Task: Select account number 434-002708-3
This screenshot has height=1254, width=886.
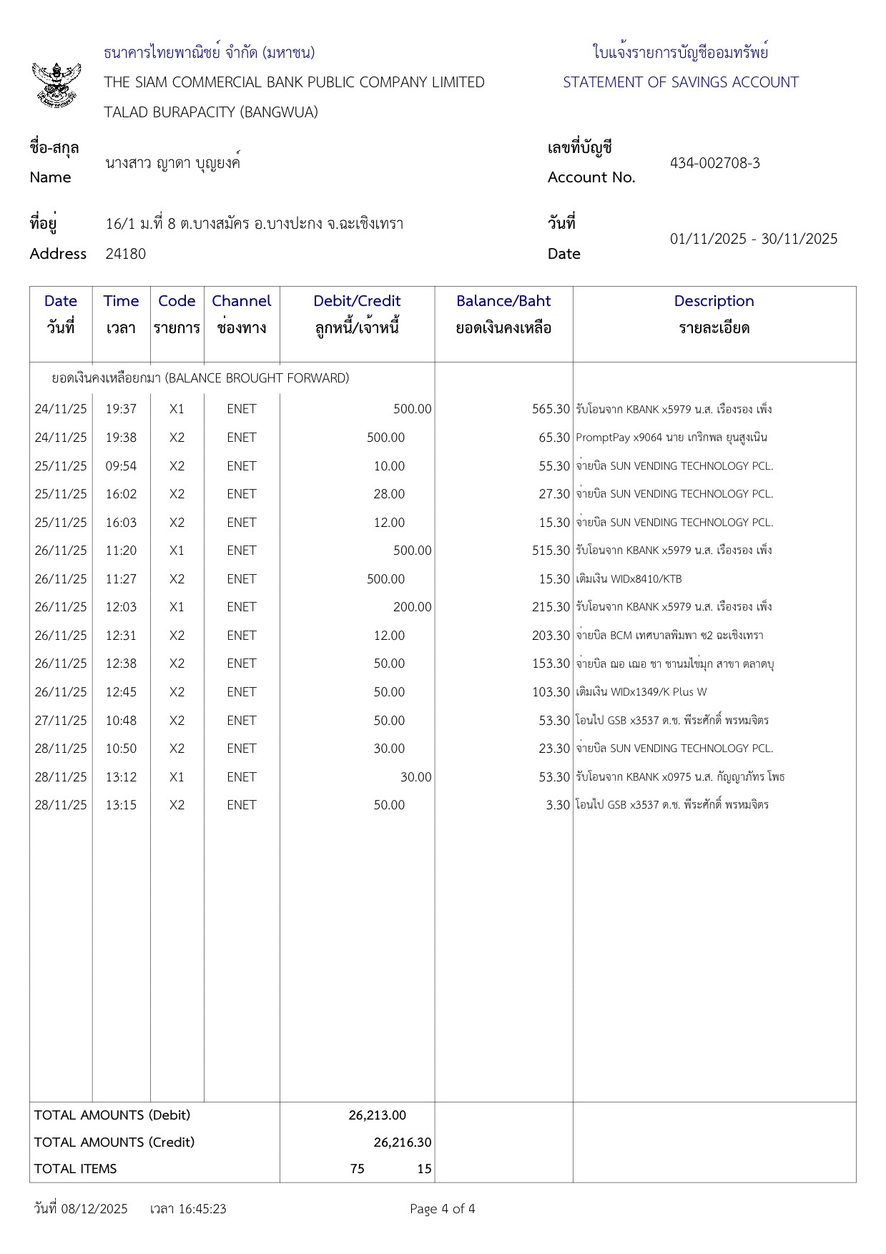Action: click(x=714, y=163)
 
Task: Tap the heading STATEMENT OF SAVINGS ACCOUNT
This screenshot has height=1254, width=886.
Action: click(x=680, y=82)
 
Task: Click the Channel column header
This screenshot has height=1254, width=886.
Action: click(x=242, y=301)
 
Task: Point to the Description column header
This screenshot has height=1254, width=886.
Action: click(x=714, y=301)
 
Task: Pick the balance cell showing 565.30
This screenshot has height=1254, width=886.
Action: click(x=551, y=409)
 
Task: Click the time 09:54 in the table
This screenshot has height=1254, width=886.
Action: click(x=121, y=466)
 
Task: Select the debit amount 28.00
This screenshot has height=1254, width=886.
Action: click(x=389, y=494)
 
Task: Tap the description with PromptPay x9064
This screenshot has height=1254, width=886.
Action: click(x=671, y=438)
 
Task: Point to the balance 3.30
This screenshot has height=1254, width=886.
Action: click(x=558, y=805)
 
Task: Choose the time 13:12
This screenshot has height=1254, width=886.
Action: click(x=121, y=777)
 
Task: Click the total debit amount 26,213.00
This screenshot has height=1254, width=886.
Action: click(x=377, y=1115)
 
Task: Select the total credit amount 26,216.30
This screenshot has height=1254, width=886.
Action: click(x=402, y=1142)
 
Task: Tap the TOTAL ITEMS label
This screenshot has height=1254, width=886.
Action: click(x=75, y=1169)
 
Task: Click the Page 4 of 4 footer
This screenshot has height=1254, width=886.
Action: click(x=442, y=1209)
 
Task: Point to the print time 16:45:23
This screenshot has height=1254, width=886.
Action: click(x=202, y=1209)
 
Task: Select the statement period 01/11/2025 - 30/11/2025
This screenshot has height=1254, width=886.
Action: click(x=753, y=239)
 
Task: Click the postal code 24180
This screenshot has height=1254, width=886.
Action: click(x=125, y=254)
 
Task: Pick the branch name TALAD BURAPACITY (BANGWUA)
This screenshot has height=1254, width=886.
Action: click(x=211, y=112)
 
